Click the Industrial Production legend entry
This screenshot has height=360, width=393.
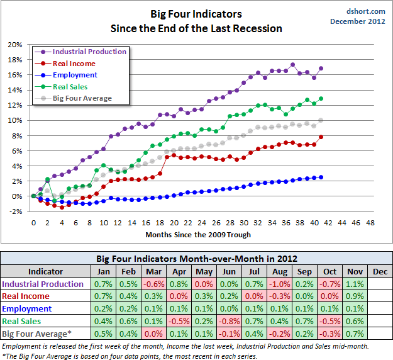pos(89,52)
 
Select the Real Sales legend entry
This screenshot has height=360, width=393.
pos(70,87)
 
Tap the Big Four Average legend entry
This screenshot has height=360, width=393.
pos(82,98)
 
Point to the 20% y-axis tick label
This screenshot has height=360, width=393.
pos(14,45)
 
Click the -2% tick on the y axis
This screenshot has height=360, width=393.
pos(14,211)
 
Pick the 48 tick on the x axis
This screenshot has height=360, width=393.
pos(370,223)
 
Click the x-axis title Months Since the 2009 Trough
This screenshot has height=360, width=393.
pos(198,235)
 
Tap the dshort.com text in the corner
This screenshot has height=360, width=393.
pos(365,11)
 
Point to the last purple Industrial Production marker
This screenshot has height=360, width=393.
pos(321,68)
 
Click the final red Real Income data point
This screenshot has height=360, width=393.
pos(321,137)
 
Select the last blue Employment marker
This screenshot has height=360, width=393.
pos(321,177)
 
